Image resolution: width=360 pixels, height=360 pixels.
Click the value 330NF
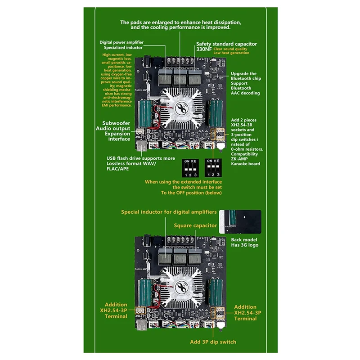coord(204,49)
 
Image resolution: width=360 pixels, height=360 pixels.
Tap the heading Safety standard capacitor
coord(226,44)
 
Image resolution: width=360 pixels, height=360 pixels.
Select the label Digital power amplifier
coord(121,42)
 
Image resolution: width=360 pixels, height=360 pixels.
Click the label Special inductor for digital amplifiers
coord(169,211)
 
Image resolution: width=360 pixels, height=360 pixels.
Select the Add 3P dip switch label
coord(213,342)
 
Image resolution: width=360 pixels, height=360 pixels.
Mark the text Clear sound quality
coord(230,49)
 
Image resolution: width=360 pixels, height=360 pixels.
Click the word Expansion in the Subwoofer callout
coord(117,134)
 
